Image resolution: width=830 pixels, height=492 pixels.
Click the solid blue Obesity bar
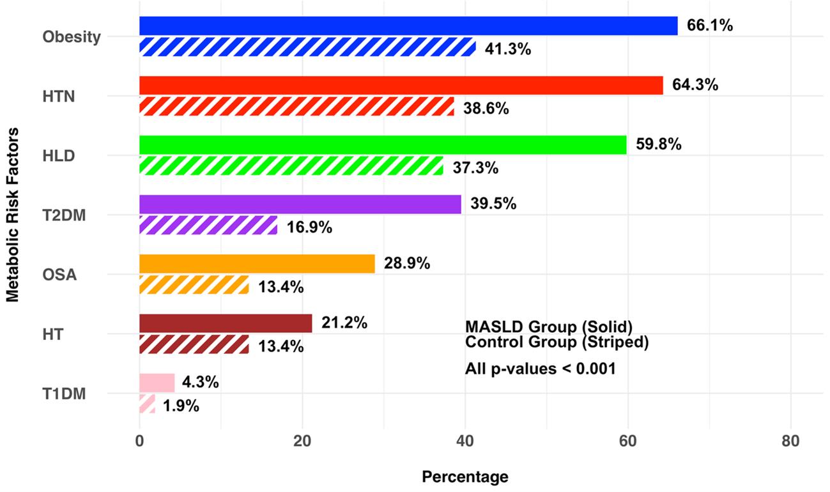408,26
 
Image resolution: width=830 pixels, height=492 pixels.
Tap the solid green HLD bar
383,145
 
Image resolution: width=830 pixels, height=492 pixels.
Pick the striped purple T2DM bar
208,226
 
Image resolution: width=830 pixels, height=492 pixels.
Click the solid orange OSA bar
257,264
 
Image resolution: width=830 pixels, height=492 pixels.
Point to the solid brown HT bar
226,323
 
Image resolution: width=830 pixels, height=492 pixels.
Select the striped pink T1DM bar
147,404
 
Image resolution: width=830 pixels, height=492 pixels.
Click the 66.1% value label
709,26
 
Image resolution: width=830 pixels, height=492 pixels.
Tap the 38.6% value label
486,109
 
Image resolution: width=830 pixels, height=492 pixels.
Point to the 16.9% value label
309,227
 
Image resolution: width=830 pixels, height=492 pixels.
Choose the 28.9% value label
407,263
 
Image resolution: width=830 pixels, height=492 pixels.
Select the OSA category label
60,275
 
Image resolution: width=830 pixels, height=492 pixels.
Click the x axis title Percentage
465,477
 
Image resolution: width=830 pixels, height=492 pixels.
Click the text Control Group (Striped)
557,342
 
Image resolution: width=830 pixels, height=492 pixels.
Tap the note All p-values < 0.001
540,369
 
